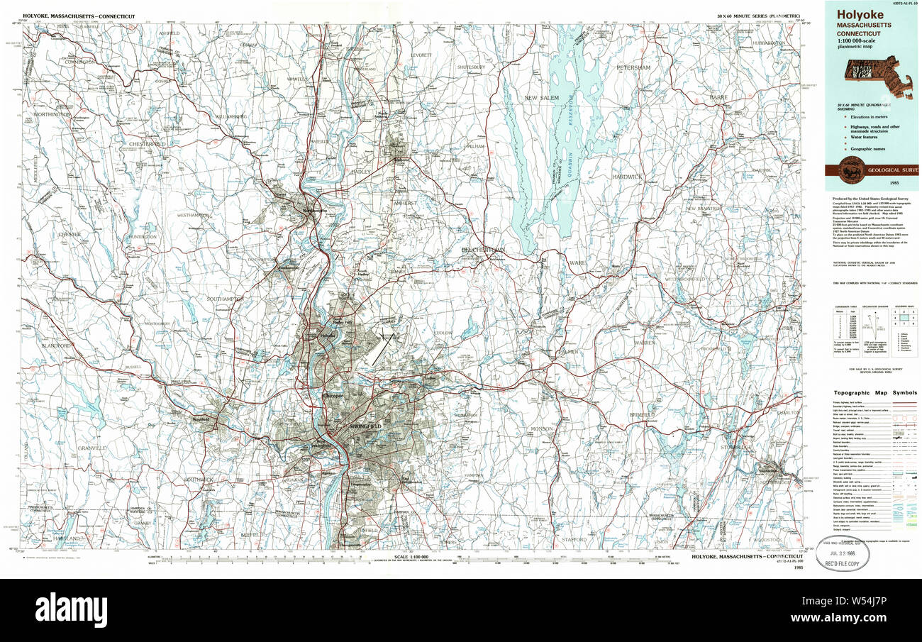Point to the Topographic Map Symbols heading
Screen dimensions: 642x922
874,392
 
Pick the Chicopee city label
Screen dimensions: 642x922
331,395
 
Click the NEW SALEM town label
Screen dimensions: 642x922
542,97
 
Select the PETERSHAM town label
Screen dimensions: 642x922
633,67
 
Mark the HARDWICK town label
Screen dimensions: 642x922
627,176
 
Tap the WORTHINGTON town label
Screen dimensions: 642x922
51,114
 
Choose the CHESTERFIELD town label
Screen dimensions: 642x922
147,144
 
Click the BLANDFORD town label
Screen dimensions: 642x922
57,345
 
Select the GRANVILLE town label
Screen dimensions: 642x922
92,448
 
